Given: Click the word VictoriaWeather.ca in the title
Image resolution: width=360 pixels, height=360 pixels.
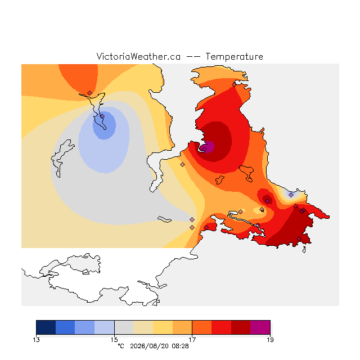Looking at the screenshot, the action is [138, 56].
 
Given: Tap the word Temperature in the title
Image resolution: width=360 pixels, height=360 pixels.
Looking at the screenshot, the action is [234, 57].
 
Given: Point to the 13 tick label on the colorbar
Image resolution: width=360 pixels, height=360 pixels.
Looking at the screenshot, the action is [36, 340].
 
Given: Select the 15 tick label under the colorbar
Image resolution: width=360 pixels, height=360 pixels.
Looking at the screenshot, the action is [114, 340].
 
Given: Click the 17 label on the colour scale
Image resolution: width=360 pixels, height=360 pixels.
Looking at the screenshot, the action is [192, 340].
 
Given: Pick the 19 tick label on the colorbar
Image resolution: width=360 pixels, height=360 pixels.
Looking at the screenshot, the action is [270, 340].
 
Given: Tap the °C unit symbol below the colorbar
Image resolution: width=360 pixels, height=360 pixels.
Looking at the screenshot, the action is [121, 346].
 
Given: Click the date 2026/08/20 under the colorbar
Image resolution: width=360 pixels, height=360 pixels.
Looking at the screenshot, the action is [150, 346].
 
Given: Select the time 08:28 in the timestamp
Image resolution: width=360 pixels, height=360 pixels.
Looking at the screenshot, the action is [180, 346].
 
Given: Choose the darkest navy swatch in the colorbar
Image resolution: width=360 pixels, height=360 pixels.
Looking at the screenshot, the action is [46, 327].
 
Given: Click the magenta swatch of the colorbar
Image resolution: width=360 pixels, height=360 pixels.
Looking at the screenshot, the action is [260, 327].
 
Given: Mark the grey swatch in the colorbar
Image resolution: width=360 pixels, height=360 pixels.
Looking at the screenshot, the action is [124, 327].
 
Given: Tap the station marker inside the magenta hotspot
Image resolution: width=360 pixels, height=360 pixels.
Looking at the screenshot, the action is [204, 149].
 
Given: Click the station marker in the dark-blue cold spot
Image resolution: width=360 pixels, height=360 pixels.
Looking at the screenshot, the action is [102, 116].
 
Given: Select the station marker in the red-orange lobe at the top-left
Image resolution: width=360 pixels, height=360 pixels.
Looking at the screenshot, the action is [89, 93].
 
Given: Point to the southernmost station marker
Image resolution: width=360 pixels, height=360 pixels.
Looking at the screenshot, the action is [299, 238].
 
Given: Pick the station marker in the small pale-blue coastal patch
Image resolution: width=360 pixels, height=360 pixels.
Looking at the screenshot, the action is [291, 195].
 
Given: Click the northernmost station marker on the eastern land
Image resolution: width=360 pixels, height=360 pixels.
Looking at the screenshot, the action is [234, 85].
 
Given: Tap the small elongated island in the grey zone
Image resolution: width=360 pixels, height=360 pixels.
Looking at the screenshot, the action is [164, 219].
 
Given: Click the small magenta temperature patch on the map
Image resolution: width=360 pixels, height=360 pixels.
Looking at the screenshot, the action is [207, 147].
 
